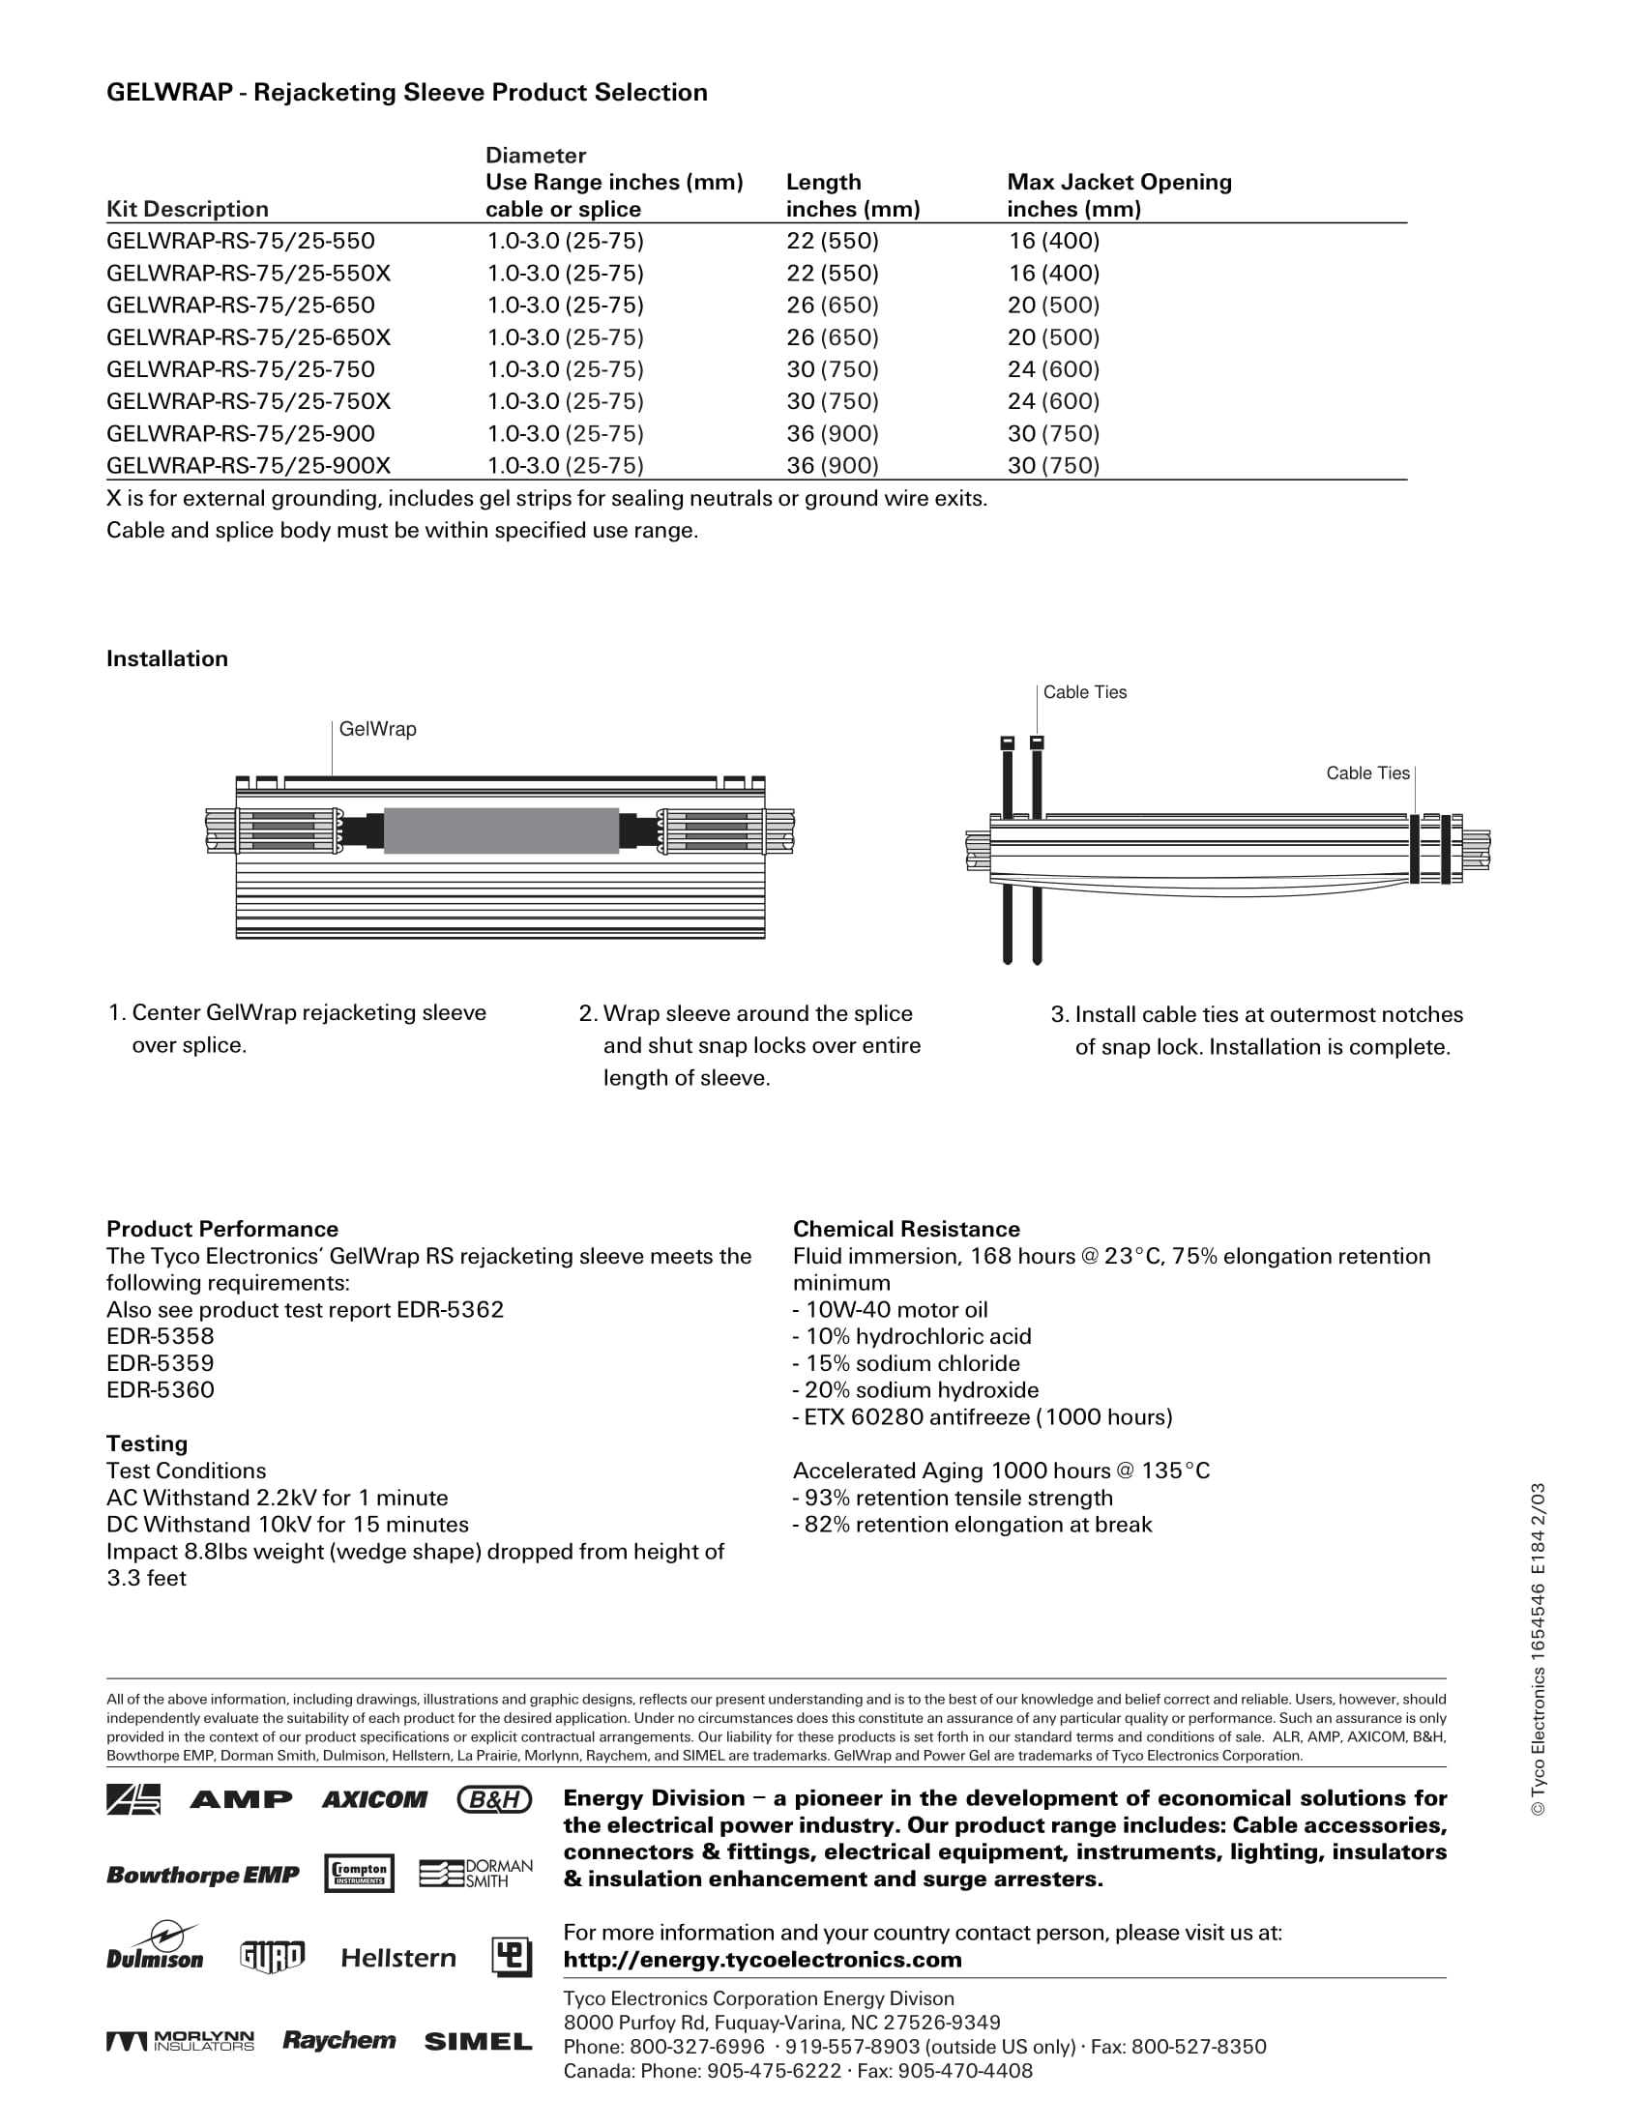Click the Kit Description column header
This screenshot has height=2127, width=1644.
[x=187, y=210]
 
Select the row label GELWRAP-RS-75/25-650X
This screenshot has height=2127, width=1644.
[x=249, y=337]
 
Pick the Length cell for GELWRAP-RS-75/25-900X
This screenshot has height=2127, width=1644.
[x=832, y=466]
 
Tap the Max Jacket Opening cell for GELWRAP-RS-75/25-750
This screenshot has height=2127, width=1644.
[x=1053, y=369]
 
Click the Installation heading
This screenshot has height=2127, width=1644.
[x=166, y=658]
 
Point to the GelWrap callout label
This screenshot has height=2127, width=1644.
[x=377, y=729]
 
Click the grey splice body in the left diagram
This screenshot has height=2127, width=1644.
[x=501, y=830]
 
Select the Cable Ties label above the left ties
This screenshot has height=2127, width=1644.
[x=1084, y=692]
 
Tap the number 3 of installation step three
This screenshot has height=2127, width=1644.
[x=1058, y=1015]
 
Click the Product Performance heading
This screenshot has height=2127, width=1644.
[x=222, y=1229]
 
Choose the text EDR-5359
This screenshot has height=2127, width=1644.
[x=160, y=1363]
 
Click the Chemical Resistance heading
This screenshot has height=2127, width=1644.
[x=906, y=1229]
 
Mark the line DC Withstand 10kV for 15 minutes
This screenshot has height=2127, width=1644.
[x=287, y=1524]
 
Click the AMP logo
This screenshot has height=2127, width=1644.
[x=241, y=1800]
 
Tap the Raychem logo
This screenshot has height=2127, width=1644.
[x=338, y=2040]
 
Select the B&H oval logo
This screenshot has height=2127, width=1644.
[x=495, y=1800]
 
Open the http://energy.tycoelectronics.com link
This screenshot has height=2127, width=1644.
[x=762, y=1960]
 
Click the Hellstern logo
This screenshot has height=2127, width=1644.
[x=398, y=1958]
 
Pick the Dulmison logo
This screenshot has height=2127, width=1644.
[x=155, y=1948]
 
